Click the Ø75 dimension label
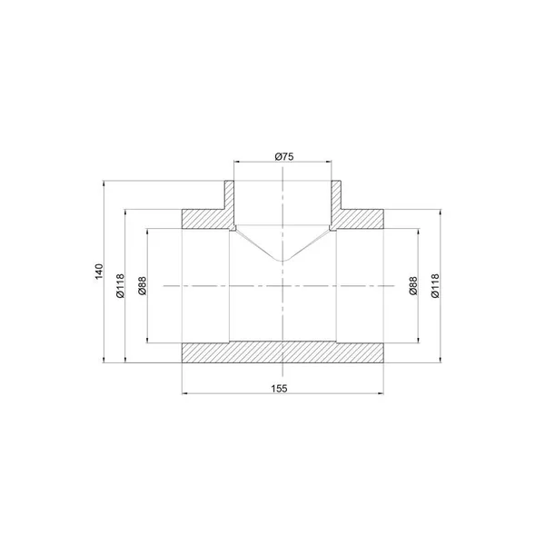click(x=284, y=156)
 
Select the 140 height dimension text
click(x=99, y=271)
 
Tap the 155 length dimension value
click(x=280, y=388)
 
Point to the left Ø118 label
click(x=120, y=286)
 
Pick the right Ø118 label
click(x=435, y=286)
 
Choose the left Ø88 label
click(x=143, y=286)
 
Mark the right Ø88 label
click(x=412, y=286)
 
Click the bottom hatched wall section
click(x=282, y=352)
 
